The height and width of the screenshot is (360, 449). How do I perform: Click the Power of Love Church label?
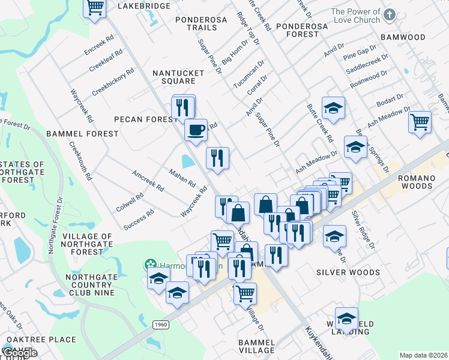tap(355, 16)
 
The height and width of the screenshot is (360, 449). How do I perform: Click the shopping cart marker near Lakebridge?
tap(95, 8)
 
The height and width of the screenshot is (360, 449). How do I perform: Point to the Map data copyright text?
tap(423, 355)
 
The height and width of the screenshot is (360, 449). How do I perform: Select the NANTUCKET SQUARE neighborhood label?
tap(178, 77)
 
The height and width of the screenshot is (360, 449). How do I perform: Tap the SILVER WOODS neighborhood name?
tap(348, 272)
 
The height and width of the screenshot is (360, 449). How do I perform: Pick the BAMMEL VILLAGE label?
tap(256, 346)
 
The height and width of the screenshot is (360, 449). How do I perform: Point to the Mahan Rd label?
tap(182, 178)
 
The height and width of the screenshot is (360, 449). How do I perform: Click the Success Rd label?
tap(139, 220)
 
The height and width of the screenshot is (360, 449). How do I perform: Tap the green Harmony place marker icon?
tap(149, 264)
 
